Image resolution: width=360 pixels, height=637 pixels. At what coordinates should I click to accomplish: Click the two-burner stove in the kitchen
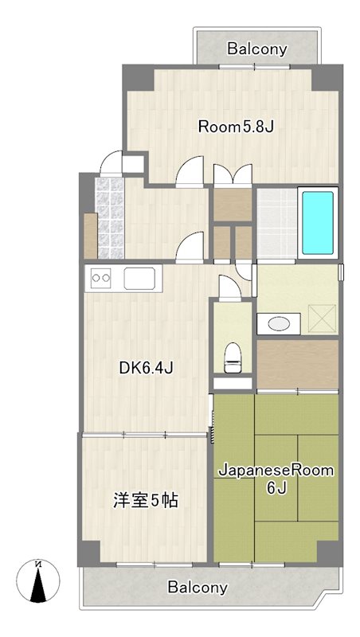(102, 278)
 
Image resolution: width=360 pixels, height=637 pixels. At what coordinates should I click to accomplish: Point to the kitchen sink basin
(141, 279)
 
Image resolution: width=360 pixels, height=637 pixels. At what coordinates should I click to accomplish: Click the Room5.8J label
(236, 125)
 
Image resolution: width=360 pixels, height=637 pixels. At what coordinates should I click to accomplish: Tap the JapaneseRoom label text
(276, 471)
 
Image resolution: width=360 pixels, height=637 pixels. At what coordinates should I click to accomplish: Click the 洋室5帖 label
(144, 501)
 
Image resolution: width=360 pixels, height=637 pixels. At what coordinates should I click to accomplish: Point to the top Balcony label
(256, 49)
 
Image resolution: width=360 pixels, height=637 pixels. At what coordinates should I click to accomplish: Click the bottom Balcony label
(198, 588)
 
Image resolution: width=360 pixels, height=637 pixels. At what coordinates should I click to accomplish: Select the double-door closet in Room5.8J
(233, 175)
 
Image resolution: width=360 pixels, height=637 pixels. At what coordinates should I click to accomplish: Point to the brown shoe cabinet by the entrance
(90, 235)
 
